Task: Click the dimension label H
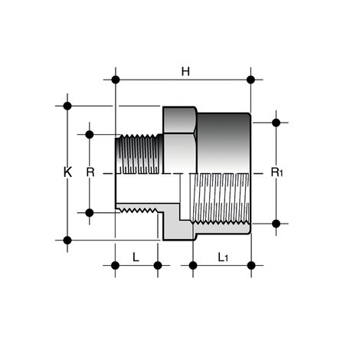point(185,71)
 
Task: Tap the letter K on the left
point(67,173)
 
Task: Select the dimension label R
point(90,173)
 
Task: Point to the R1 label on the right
point(277,173)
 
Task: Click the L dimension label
point(136,257)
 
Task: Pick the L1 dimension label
point(222,257)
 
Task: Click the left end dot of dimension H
point(115,79)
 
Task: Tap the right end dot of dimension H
point(251,79)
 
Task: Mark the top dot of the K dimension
point(67,106)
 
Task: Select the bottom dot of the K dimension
point(67,240)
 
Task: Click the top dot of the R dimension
point(90,135)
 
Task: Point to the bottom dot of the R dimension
point(90,212)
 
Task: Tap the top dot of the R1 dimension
point(277,121)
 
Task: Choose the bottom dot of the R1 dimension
point(277,224)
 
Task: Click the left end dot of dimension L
point(115,265)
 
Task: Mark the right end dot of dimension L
point(157,265)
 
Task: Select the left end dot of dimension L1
point(193,265)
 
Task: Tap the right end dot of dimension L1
point(251,265)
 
